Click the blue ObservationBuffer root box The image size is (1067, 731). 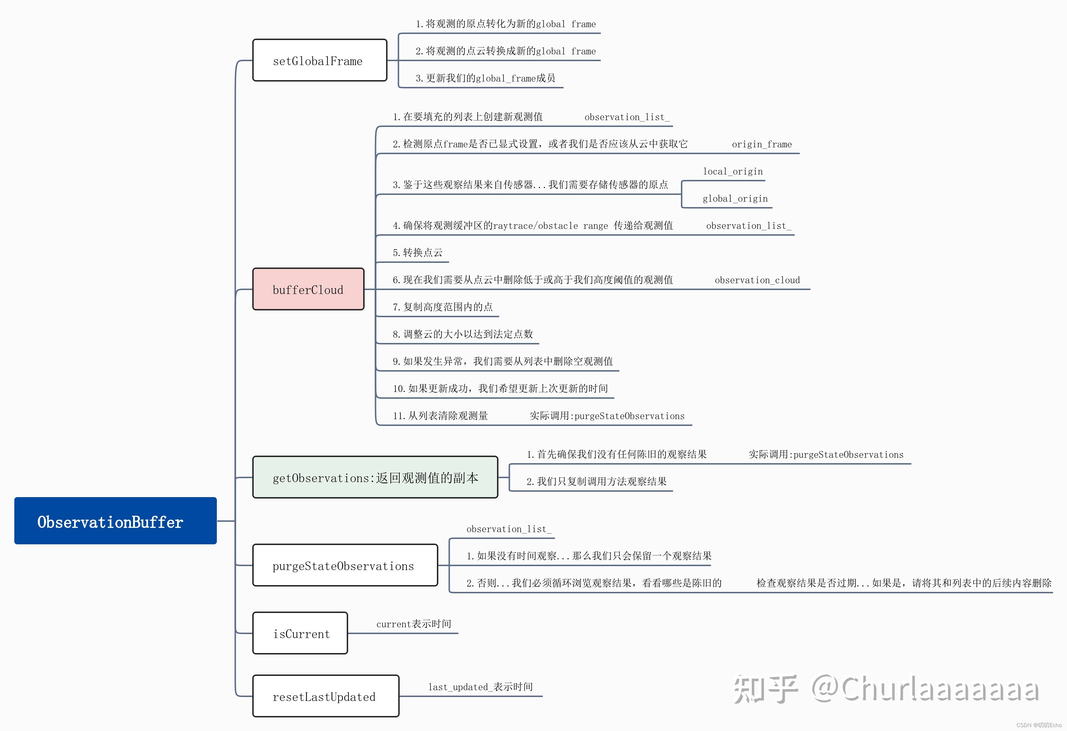coord(115,521)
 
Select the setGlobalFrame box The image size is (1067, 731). coord(320,60)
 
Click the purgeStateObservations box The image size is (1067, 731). coord(345,565)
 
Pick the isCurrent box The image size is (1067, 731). coord(300,633)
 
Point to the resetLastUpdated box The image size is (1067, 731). coord(326,696)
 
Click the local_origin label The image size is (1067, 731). coord(733,172)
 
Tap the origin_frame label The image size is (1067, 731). coord(762,144)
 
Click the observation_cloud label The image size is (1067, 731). coord(757,280)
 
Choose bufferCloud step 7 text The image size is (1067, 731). coord(443,307)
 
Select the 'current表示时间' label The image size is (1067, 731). coord(414,624)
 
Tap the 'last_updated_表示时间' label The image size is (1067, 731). coord(480,687)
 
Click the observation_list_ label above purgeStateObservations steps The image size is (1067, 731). coord(509,529)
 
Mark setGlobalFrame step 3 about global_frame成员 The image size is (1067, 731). coord(485,78)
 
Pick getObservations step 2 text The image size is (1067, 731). coord(596,481)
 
